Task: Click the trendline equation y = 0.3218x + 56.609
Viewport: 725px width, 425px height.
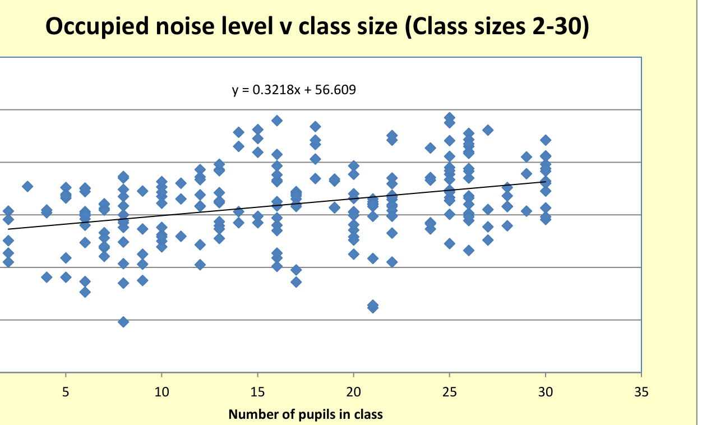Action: pyautogui.click(x=294, y=89)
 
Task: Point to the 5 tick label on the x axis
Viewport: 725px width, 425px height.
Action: pyautogui.click(x=66, y=392)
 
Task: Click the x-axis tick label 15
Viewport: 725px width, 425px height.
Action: pyautogui.click(x=257, y=392)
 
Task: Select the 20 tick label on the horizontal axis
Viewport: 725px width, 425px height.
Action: pyautogui.click(x=353, y=392)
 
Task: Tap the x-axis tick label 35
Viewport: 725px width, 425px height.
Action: pyautogui.click(x=641, y=392)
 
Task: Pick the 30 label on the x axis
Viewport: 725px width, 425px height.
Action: pyautogui.click(x=545, y=392)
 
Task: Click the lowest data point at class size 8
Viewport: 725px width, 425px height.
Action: pyautogui.click(x=123, y=322)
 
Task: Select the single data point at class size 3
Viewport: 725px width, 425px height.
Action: pyautogui.click(x=27, y=186)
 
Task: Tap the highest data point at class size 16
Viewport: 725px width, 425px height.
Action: pyautogui.click(x=277, y=121)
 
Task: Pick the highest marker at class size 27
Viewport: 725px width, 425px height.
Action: pyautogui.click(x=488, y=130)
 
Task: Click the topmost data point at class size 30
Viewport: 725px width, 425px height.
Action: pyautogui.click(x=546, y=140)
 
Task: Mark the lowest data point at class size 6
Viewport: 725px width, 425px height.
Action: pyautogui.click(x=85, y=292)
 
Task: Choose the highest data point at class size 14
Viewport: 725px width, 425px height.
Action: pyautogui.click(x=239, y=132)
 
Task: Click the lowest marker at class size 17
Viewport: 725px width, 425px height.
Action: pyautogui.click(x=296, y=281)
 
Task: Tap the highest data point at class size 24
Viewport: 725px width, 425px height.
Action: pyautogui.click(x=431, y=148)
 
